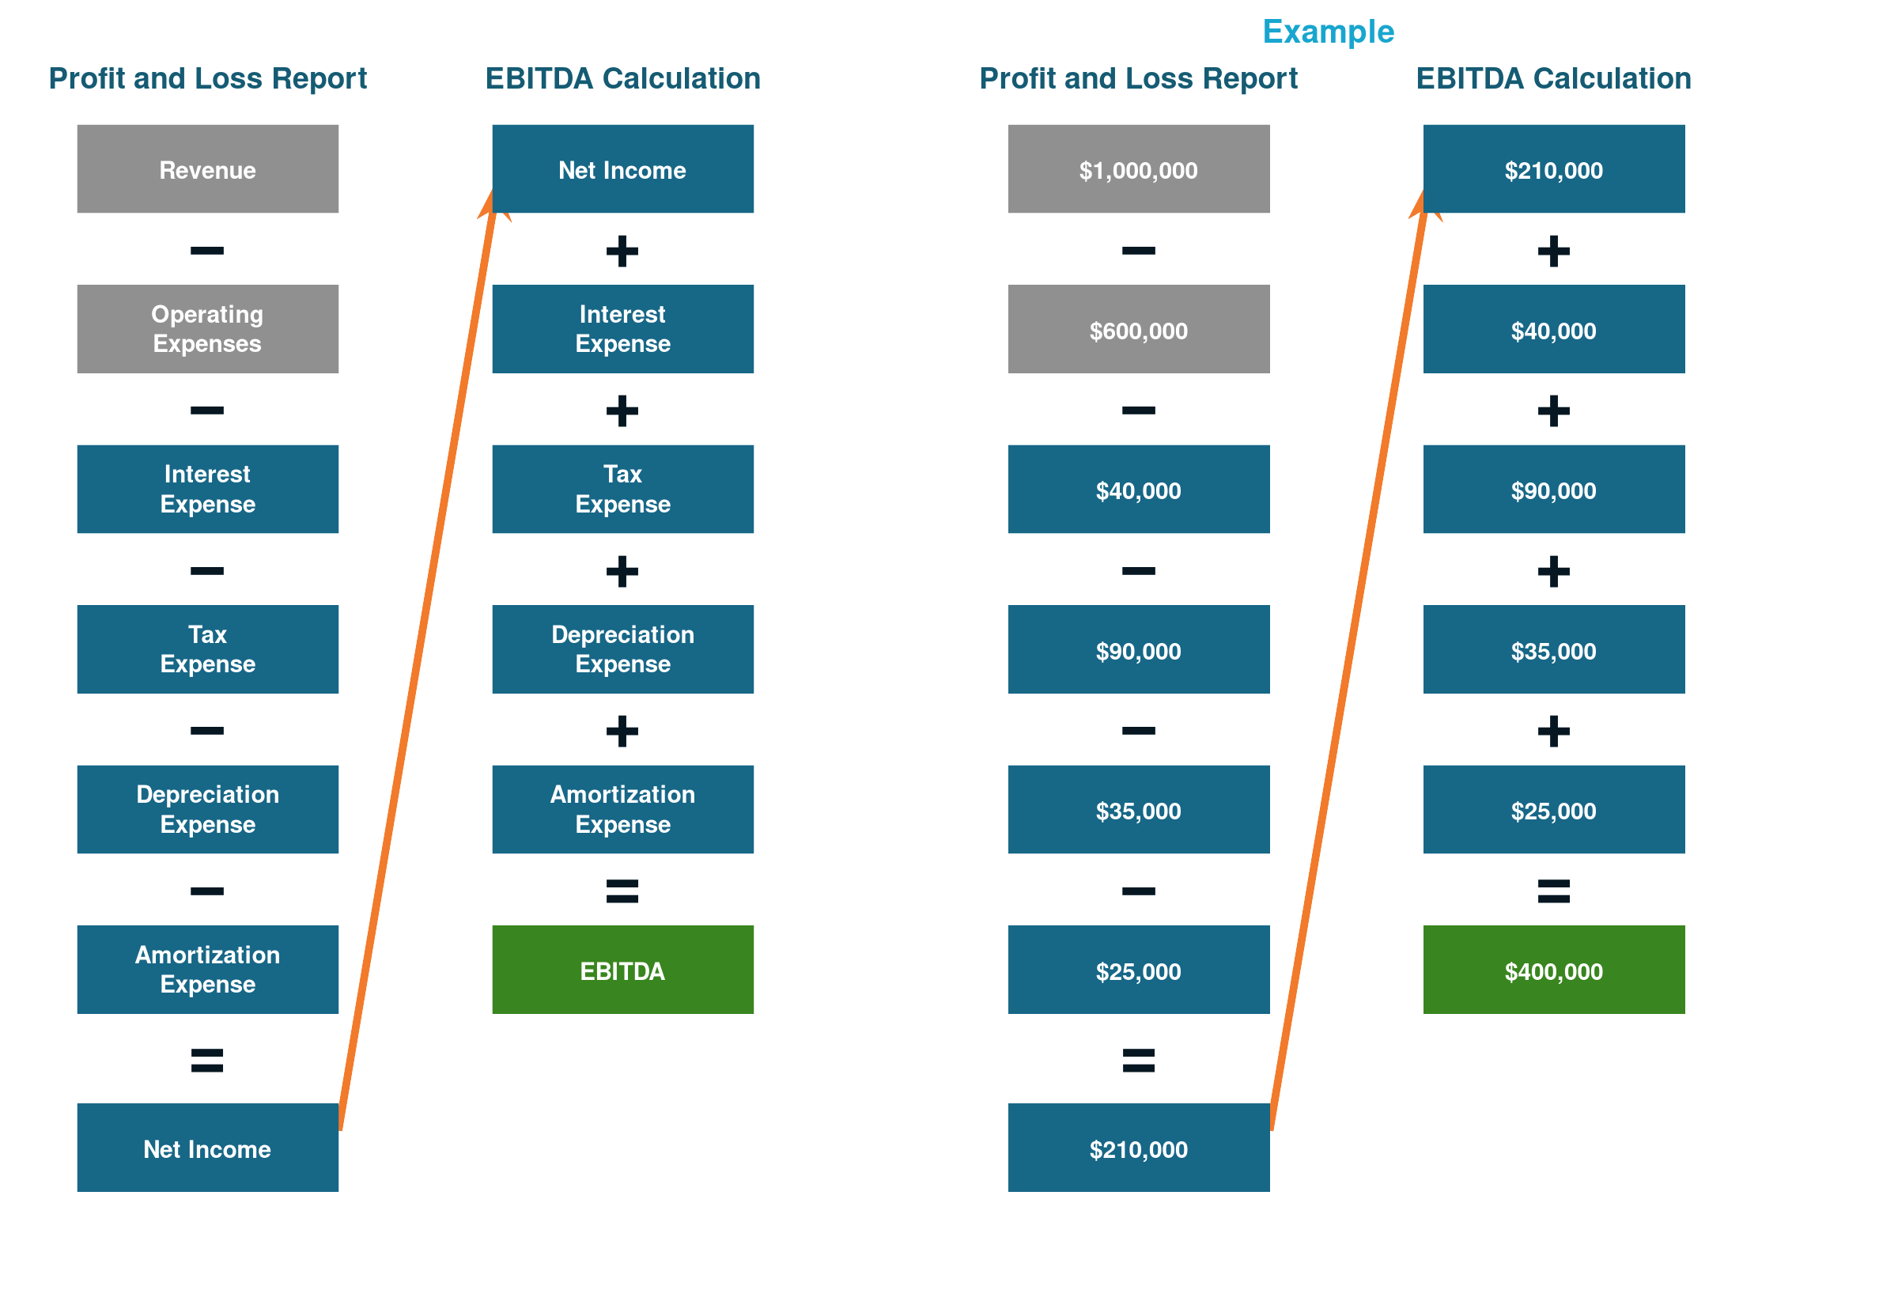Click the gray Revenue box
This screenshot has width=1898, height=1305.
click(x=208, y=169)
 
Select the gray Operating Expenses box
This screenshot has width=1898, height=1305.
click(x=208, y=329)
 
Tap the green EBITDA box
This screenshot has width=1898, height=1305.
click(x=623, y=970)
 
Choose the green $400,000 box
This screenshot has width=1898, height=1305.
click(x=1554, y=970)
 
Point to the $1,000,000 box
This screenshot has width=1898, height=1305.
click(x=1139, y=169)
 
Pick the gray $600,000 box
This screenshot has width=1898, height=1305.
click(x=1139, y=329)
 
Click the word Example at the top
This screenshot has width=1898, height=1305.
click(x=1329, y=32)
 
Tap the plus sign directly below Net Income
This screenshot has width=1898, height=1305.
click(x=622, y=251)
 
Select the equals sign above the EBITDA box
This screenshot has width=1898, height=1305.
click(x=622, y=891)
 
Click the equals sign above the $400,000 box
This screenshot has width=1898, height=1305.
click(x=1554, y=891)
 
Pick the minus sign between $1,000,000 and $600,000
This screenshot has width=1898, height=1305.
click(x=1139, y=250)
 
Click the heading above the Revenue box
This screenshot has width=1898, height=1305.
click(x=208, y=78)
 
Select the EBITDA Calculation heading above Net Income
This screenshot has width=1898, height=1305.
click(x=623, y=78)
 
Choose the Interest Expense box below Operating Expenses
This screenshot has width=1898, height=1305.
click(x=208, y=489)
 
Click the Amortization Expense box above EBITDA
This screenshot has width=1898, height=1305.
click(x=623, y=809)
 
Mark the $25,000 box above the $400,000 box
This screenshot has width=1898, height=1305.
click(x=1554, y=809)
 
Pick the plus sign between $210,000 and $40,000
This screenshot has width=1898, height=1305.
click(x=1554, y=251)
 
